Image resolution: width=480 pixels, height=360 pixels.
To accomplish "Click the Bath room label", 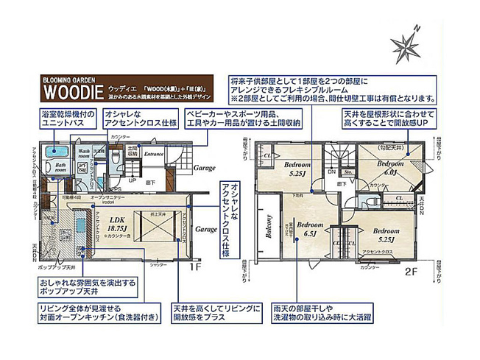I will point(60,168).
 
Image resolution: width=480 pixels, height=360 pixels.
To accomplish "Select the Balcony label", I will point(269,229).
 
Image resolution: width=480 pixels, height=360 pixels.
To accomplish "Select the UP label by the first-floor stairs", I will point(133,179).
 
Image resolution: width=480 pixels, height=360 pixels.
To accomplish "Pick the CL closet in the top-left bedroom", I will point(268,156).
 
